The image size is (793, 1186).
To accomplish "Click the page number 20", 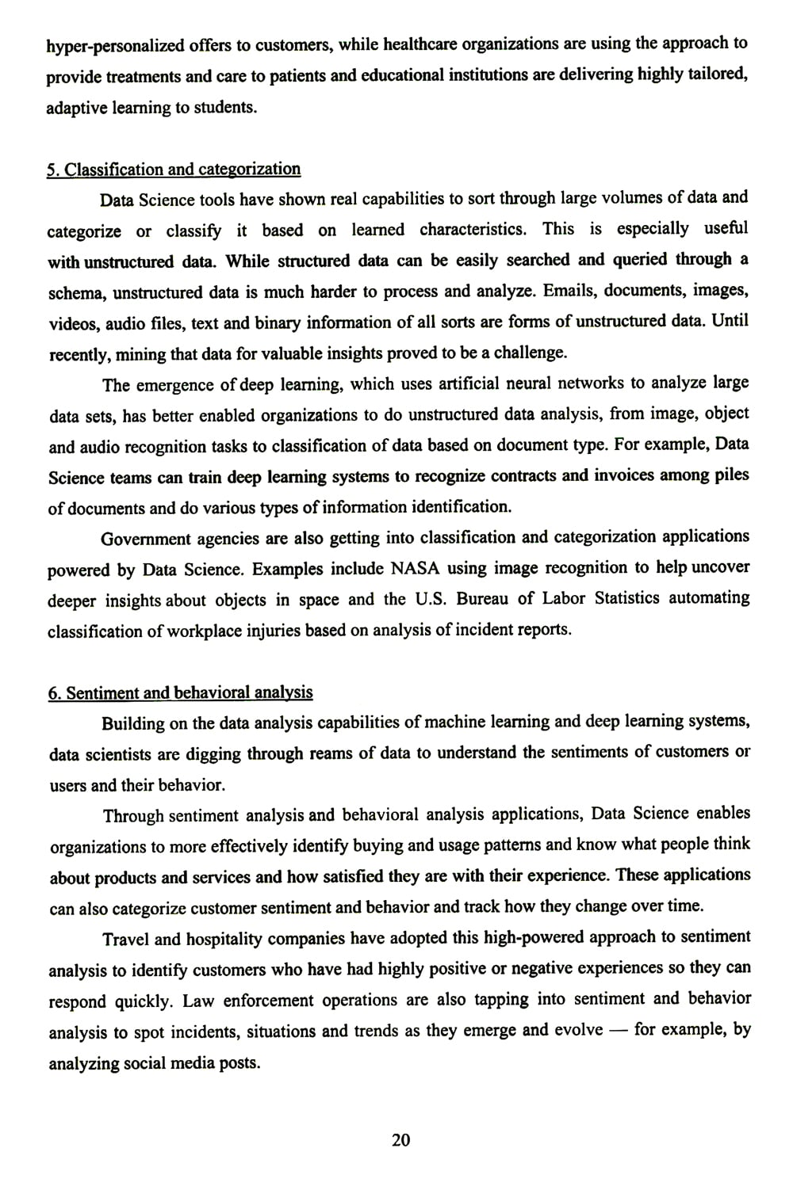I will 401,1140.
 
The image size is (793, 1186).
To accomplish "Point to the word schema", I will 77,293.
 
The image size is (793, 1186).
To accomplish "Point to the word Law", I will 197,1001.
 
